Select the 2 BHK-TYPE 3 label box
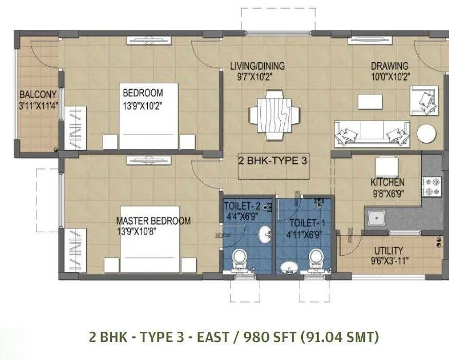click(x=273, y=160)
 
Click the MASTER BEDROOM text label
click(x=153, y=221)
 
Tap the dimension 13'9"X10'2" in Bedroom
click(x=143, y=106)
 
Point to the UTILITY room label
click(x=388, y=251)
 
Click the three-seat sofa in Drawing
click(x=372, y=134)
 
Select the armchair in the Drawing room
click(x=424, y=100)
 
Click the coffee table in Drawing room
click(x=371, y=101)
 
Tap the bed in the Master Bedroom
click(x=150, y=239)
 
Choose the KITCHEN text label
click(x=387, y=182)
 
